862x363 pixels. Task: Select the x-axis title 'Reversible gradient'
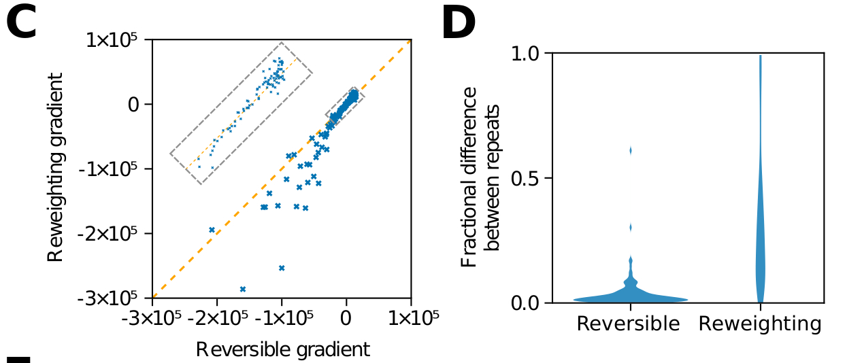click(282, 349)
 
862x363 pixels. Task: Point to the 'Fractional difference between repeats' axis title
click(480, 185)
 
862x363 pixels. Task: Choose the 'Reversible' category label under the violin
click(628, 324)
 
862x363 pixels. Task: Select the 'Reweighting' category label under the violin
click(760, 324)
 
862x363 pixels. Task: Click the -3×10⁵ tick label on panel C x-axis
click(152, 317)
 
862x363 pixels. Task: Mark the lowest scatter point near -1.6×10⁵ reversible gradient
click(243, 289)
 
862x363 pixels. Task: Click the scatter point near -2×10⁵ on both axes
click(212, 230)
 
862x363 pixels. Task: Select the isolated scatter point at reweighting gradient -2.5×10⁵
click(282, 268)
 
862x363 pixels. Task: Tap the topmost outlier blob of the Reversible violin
click(631, 150)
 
